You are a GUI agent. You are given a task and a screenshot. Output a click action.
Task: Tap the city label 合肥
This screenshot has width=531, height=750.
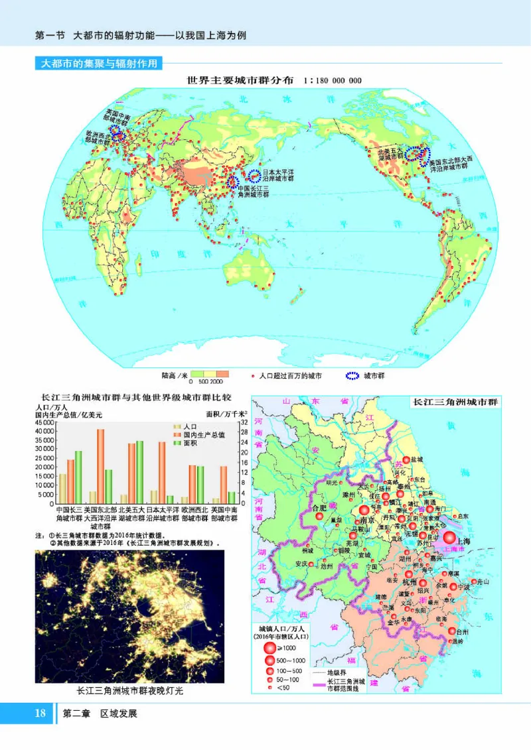coord(319,508)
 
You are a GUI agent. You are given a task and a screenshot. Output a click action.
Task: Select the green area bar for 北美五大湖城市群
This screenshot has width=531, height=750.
coord(139,471)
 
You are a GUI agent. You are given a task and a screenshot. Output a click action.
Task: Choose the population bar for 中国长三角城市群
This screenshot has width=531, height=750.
coord(62,488)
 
